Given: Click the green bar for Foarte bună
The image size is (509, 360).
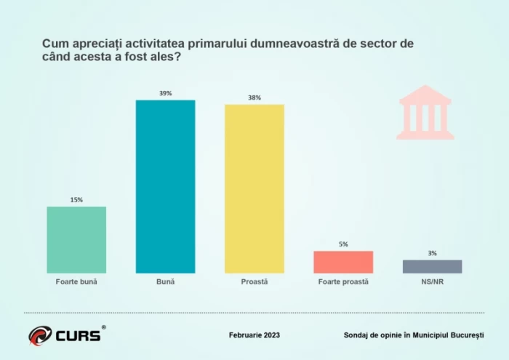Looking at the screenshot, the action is [x=76, y=240].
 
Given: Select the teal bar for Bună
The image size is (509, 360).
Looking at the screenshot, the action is [x=165, y=187].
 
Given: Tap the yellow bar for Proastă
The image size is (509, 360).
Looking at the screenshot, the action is [x=254, y=189].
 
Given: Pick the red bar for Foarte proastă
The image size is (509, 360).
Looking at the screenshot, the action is [x=343, y=262].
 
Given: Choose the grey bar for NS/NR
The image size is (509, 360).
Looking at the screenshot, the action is [x=432, y=266].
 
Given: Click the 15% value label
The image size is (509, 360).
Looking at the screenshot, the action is [x=76, y=200].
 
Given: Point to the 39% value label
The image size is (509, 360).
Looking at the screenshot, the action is [x=165, y=94].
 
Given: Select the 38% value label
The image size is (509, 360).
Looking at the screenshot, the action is [x=254, y=97].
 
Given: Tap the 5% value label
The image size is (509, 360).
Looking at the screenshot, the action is [x=343, y=244].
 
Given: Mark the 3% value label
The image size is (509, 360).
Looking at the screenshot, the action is [x=432, y=253].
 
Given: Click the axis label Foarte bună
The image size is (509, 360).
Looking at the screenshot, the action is [x=76, y=281].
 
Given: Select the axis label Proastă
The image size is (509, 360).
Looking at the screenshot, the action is [x=254, y=281].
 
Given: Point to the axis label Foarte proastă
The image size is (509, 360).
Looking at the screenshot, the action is [x=343, y=281].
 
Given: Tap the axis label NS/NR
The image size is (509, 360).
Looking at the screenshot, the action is [x=432, y=281].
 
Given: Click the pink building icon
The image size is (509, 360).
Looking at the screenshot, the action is [x=425, y=112].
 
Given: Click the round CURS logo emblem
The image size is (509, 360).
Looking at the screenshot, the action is [x=40, y=335].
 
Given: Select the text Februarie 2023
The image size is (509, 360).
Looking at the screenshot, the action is [x=254, y=335].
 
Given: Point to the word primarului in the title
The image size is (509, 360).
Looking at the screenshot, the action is [x=217, y=44].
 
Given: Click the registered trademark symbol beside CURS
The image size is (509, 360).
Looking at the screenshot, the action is [x=103, y=327].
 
